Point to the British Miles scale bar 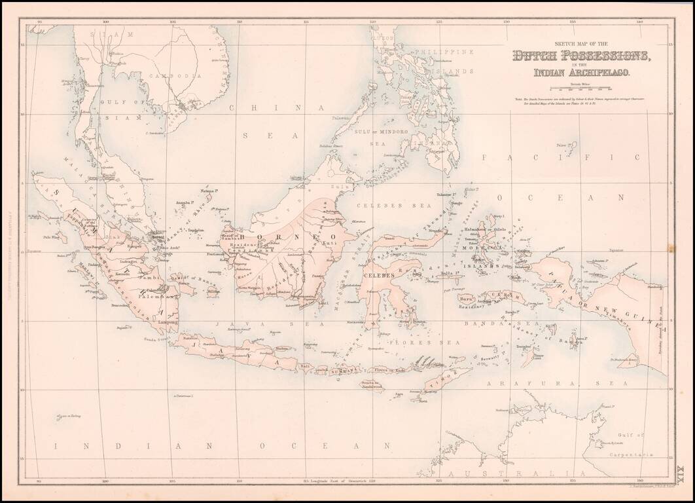(581, 88)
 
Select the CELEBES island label (380, 276)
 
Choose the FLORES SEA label (409, 342)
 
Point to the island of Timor (448, 379)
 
